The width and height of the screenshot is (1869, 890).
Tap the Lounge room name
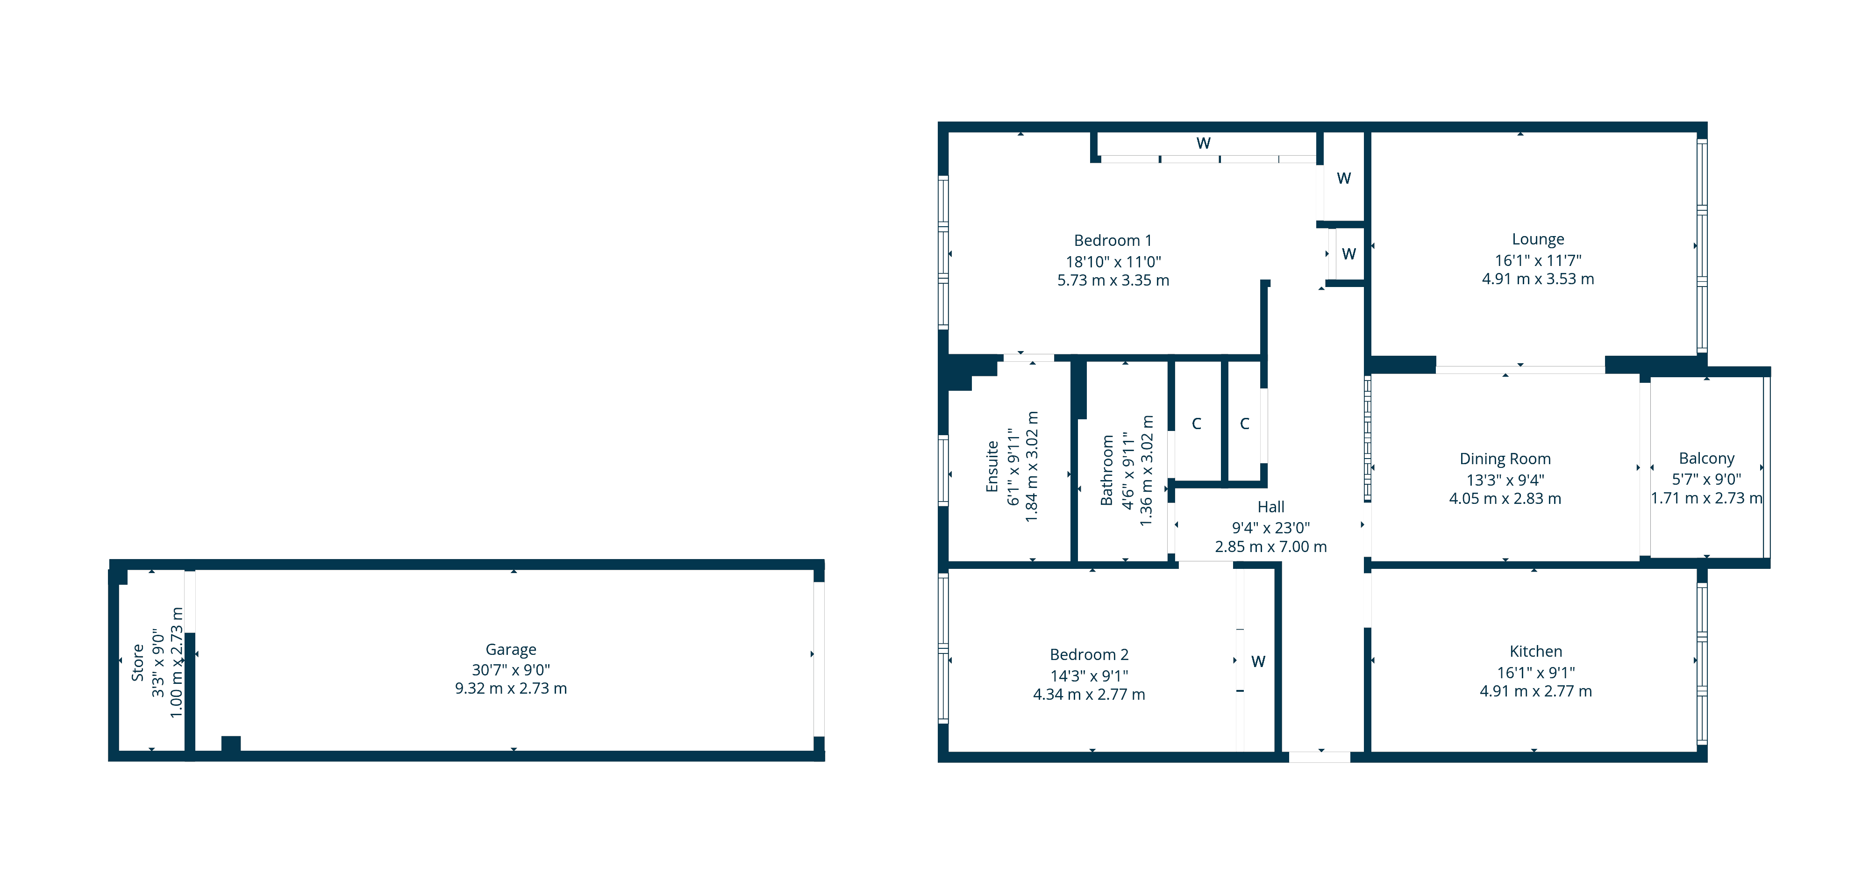(1537, 239)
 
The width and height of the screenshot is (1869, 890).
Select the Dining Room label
(1505, 459)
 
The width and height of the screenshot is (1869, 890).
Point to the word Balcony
(1706, 458)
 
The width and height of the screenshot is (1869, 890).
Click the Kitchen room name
(1535, 651)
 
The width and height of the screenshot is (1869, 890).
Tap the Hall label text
(1270, 507)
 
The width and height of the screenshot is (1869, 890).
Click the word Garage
(511, 649)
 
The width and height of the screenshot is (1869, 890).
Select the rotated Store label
(137, 662)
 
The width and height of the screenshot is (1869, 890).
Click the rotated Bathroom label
(1106, 470)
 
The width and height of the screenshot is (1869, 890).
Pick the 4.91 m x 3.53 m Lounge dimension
(1537, 279)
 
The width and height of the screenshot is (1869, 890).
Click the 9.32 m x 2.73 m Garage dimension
(511, 688)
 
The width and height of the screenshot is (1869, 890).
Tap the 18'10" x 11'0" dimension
(1113, 261)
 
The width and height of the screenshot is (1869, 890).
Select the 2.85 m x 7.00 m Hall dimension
(1270, 546)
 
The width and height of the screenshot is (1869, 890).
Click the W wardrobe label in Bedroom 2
(1258, 661)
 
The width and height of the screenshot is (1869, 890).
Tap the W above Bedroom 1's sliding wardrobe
(1203, 143)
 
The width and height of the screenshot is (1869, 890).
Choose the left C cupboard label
(1197, 423)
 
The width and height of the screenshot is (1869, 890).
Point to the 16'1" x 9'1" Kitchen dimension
(1535, 672)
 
